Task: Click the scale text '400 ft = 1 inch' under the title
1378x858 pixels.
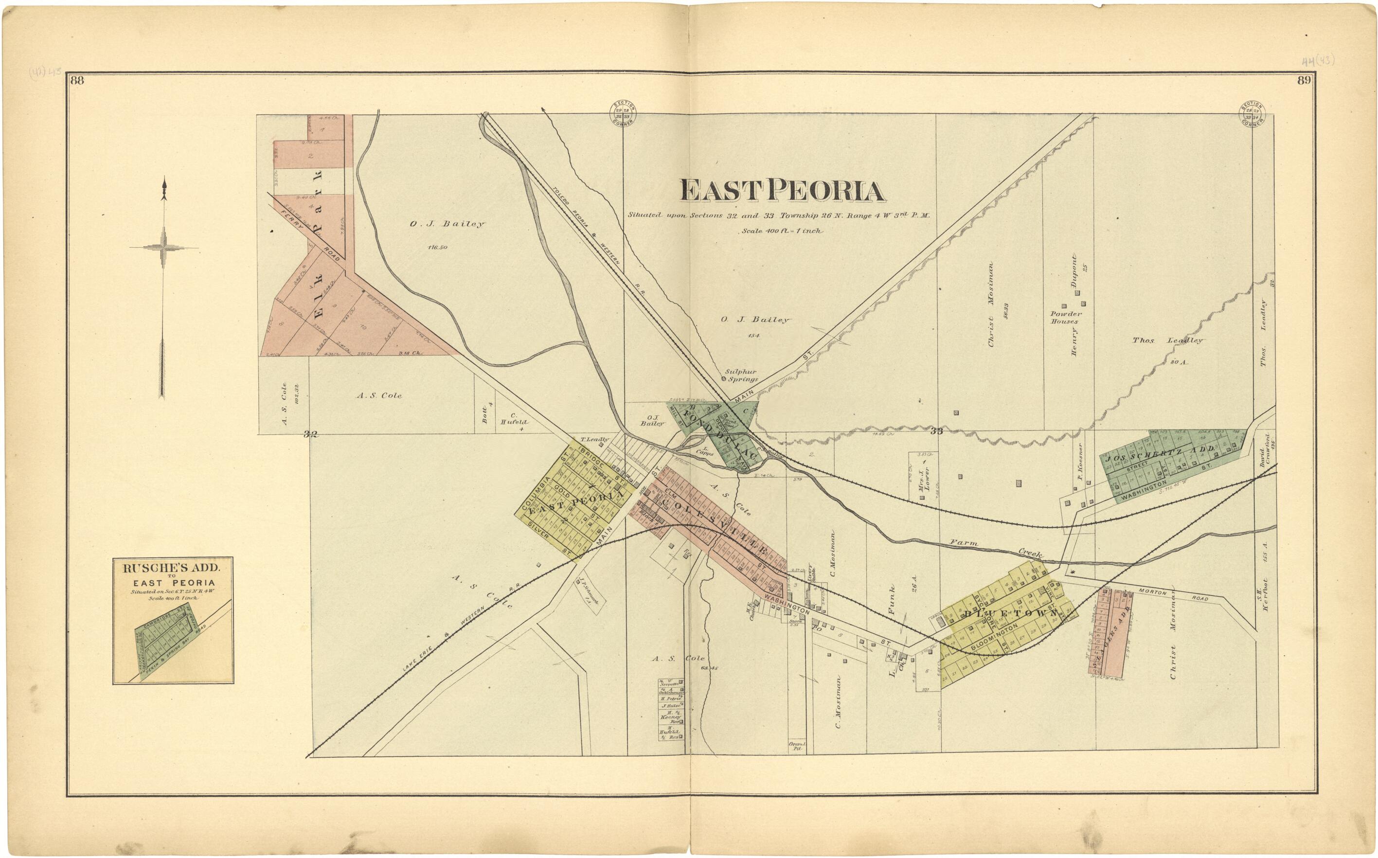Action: [782, 231]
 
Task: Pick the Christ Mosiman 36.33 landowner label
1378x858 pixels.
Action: [992, 304]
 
